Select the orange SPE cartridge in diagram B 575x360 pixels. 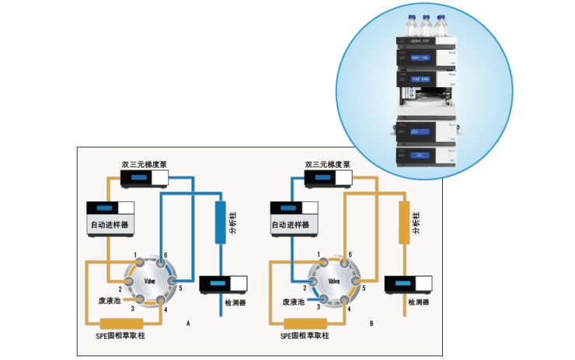coord(304,323)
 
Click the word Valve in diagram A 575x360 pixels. coord(151,281)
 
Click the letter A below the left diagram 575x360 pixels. coord(188,321)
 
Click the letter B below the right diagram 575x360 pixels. coord(372,321)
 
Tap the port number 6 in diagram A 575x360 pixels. coord(165,256)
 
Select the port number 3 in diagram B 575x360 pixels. coord(319,308)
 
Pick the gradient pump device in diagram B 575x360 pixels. coord(329,179)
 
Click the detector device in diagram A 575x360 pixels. coord(223,285)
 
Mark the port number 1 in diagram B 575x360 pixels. coord(319,256)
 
